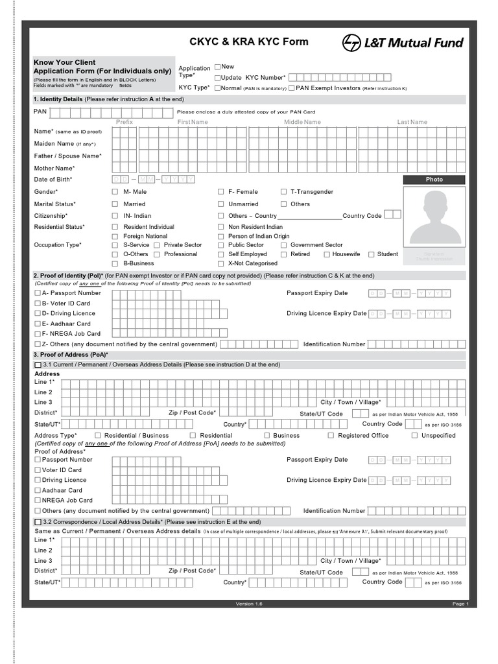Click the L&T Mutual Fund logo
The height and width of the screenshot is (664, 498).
(x=403, y=43)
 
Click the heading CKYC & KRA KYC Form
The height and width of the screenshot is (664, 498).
(x=248, y=41)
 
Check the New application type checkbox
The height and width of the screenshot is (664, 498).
(x=218, y=67)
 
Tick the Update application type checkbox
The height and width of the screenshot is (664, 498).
(x=218, y=77)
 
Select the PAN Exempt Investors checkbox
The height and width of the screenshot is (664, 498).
(x=292, y=88)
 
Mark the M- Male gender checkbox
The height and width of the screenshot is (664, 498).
(x=115, y=192)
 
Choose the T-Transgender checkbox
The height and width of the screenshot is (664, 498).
(x=283, y=192)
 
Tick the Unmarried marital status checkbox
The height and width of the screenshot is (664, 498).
(x=220, y=204)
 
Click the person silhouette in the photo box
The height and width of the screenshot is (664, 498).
(x=434, y=217)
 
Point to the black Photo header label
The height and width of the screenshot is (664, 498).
(x=434, y=180)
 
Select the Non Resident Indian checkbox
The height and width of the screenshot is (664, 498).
(x=220, y=228)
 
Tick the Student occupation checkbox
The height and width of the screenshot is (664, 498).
(x=371, y=255)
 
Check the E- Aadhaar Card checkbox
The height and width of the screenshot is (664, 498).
(x=38, y=324)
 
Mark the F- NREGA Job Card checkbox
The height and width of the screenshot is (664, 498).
(x=38, y=334)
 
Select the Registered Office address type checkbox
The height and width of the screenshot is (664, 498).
(x=331, y=436)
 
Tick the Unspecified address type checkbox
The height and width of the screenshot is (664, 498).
(x=414, y=436)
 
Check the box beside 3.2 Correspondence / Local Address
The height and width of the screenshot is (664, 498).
(x=38, y=522)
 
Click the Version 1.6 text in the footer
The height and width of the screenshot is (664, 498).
(x=249, y=604)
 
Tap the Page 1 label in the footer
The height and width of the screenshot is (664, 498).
(x=460, y=604)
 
